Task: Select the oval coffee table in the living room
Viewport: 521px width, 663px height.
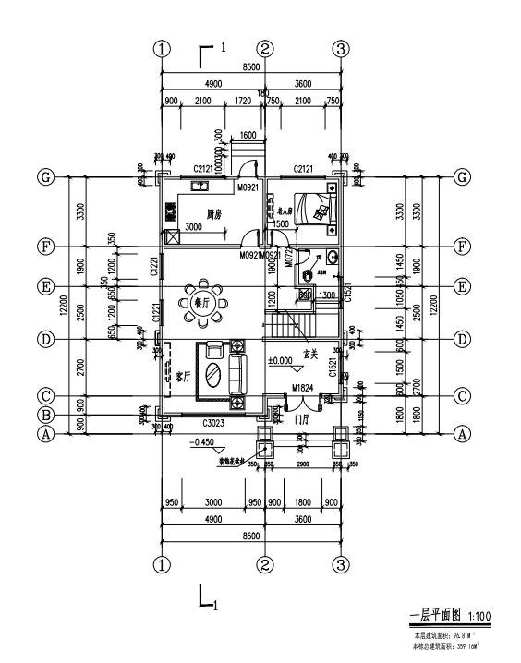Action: (212, 374)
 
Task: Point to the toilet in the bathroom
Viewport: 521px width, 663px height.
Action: (333, 257)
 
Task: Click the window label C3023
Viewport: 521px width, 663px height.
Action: (214, 422)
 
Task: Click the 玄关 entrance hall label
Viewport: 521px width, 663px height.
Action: (311, 353)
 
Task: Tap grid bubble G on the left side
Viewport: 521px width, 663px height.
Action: (43, 177)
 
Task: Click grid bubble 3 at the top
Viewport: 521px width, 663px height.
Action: (341, 49)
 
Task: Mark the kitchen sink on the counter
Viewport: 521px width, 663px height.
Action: (199, 186)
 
